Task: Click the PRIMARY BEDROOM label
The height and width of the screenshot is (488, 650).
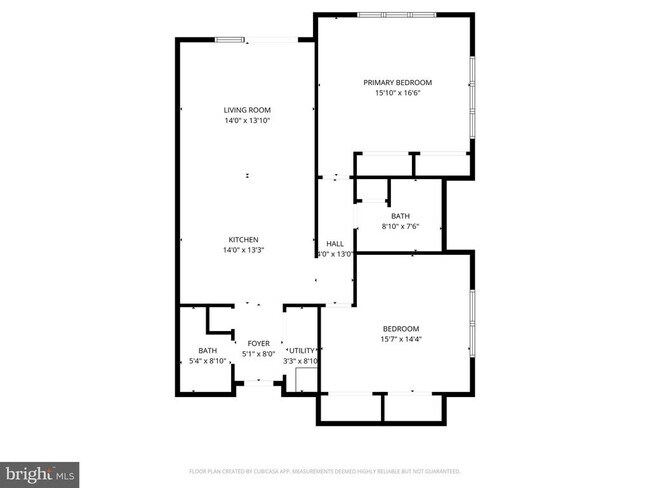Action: [397, 82]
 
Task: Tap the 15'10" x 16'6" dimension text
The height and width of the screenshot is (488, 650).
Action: [397, 93]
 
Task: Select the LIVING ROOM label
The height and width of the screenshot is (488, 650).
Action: [247, 110]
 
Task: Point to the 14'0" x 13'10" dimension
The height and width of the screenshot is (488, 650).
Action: [247, 121]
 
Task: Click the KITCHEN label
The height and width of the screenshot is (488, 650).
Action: [244, 240]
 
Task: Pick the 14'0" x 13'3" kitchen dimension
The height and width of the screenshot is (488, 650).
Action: [244, 251]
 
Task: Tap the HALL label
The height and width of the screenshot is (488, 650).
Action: [335, 244]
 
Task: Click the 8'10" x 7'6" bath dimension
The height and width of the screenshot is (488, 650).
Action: [400, 227]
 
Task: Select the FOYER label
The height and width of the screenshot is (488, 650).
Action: [259, 343]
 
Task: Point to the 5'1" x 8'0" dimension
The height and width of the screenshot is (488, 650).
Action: [259, 354]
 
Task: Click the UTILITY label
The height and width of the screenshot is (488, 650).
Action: [301, 351]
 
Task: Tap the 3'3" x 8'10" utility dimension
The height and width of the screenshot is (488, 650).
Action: [300, 362]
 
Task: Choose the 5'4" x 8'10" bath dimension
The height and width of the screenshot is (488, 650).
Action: [207, 361]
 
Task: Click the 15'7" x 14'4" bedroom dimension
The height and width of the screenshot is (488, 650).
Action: [400, 340]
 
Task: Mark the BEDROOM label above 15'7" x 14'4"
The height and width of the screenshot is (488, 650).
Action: [400, 329]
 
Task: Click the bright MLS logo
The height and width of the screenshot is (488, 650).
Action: [40, 471]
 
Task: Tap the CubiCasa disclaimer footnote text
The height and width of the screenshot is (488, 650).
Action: [324, 470]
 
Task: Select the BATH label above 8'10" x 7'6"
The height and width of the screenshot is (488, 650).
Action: [400, 216]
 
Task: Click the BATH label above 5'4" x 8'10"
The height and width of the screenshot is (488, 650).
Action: [207, 350]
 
